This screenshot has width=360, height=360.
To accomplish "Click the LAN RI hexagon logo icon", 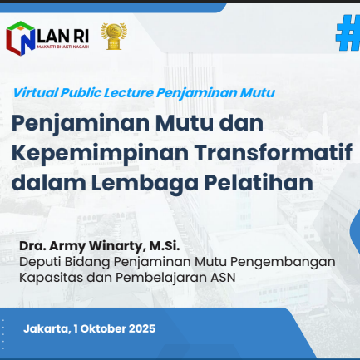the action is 21,38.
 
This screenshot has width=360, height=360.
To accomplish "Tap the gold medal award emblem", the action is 114,37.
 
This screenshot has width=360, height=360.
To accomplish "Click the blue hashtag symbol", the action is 348,32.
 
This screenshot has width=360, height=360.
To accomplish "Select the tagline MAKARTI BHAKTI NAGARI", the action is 63,47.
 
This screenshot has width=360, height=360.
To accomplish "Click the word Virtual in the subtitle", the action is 35,92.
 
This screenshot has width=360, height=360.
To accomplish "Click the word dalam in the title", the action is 48,183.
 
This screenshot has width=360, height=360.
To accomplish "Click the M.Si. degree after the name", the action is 165,246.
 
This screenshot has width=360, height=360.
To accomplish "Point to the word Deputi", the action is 37,262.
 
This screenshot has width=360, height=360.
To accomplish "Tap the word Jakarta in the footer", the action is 47,329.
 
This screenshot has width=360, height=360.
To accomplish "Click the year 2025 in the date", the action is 142,328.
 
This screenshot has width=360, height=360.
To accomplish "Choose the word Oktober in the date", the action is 103,328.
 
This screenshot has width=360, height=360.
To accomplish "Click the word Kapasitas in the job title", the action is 51,278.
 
